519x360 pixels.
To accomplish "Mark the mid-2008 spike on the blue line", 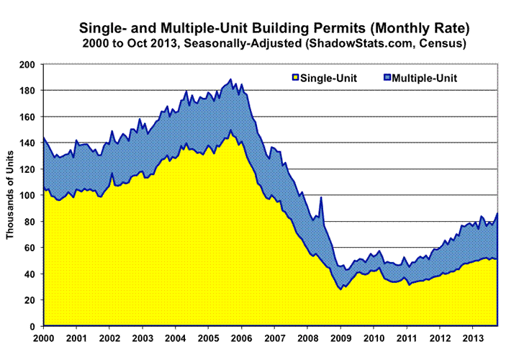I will point(321,197).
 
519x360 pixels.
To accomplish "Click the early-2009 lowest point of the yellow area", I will point(340,289).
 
